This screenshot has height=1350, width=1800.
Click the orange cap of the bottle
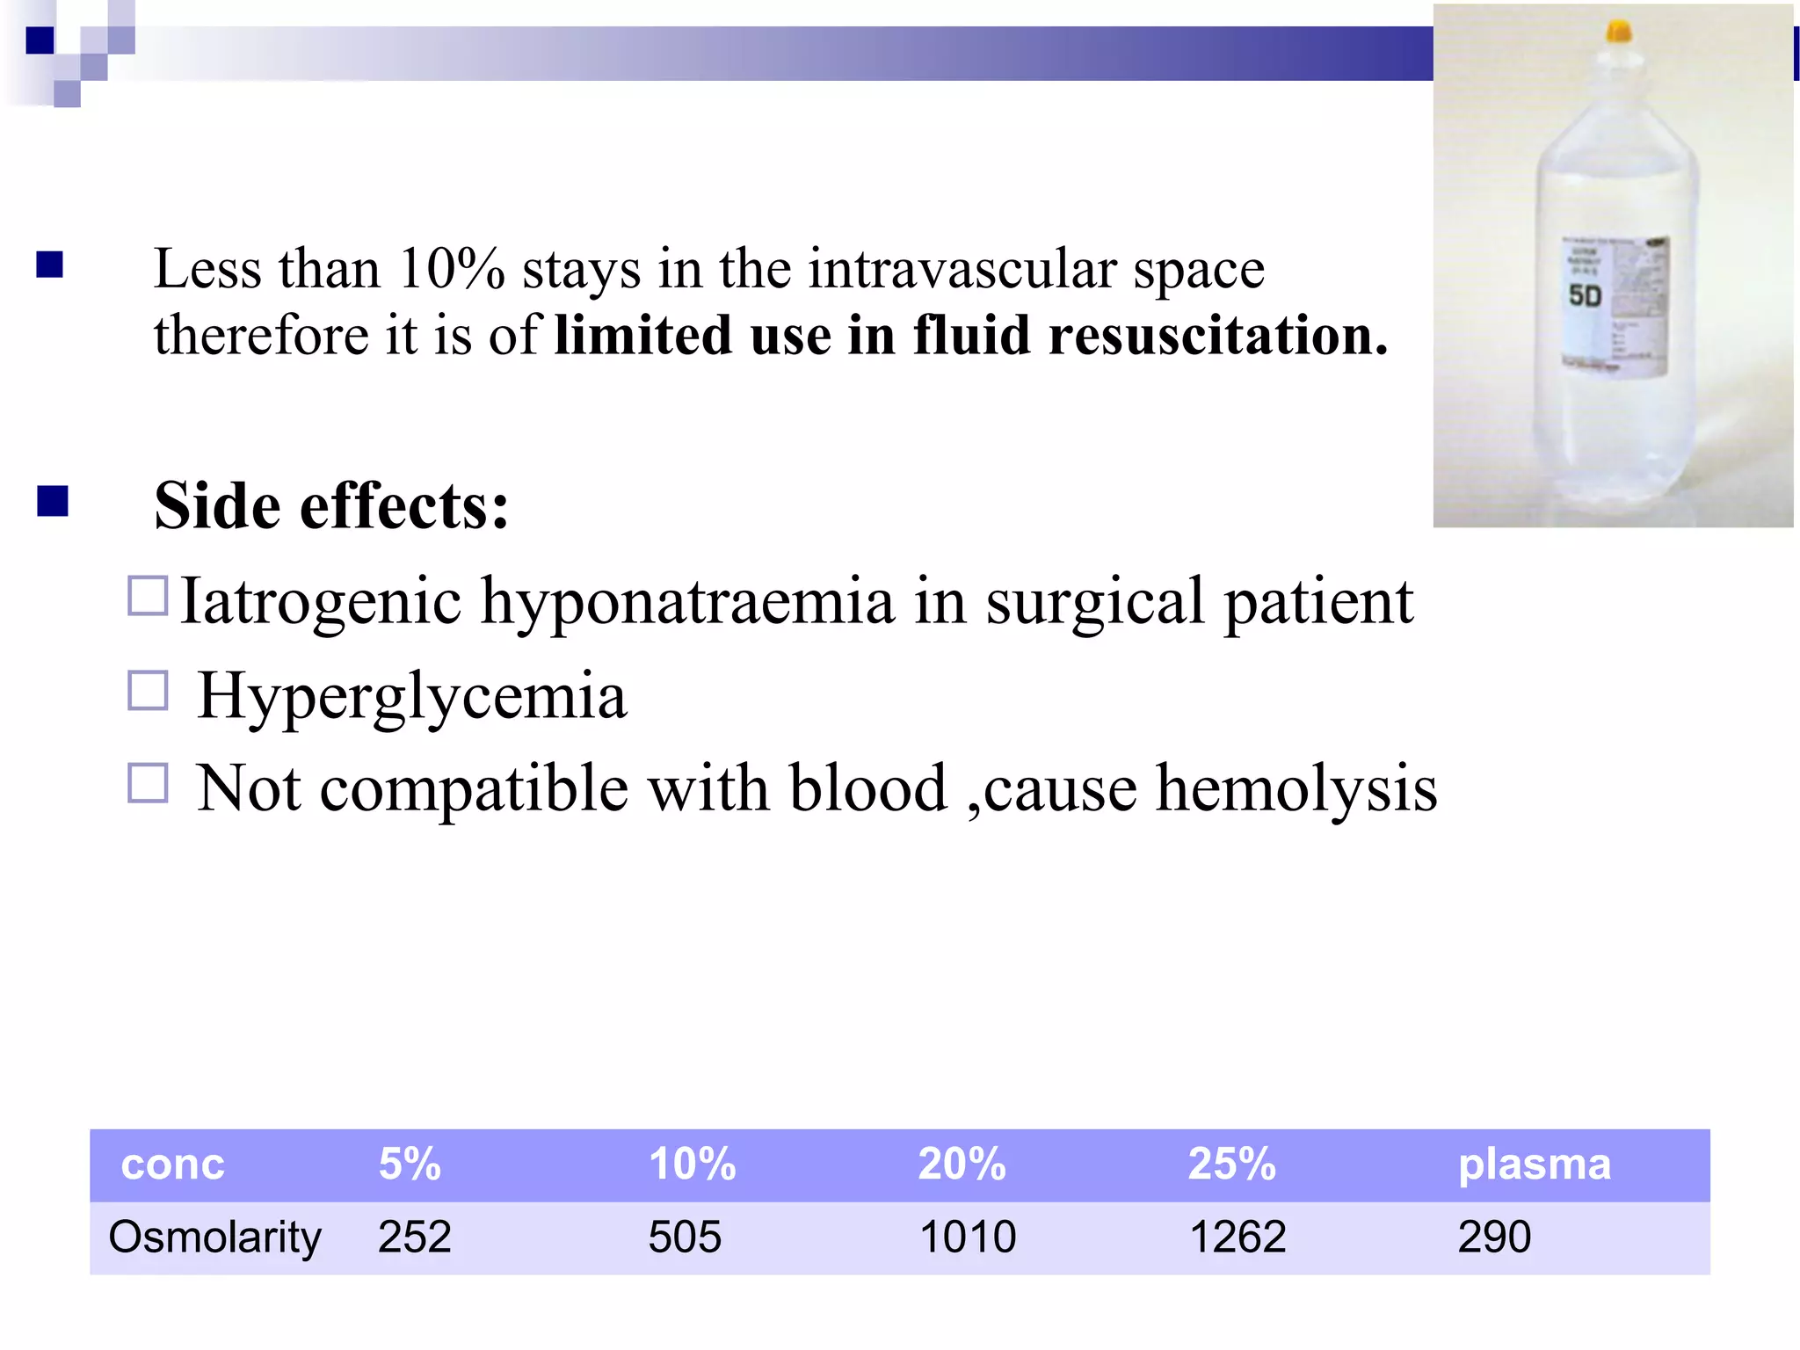(1618, 33)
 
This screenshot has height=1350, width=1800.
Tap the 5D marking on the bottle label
(1585, 295)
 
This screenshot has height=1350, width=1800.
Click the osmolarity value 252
(414, 1237)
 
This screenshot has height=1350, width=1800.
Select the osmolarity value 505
(685, 1237)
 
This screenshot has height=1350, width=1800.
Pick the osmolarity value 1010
(967, 1237)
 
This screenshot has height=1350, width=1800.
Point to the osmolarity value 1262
(1237, 1237)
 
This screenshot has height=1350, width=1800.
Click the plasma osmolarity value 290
(1494, 1237)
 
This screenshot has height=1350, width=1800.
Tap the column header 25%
(1231, 1164)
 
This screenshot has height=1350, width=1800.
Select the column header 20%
(962, 1164)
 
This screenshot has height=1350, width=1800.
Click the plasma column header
(1535, 1165)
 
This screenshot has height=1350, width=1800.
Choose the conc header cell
(172, 1165)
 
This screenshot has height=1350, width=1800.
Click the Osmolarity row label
(214, 1237)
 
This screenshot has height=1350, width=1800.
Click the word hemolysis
(1296, 787)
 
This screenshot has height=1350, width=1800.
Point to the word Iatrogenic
(321, 602)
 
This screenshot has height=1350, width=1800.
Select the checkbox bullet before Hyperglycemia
(148, 691)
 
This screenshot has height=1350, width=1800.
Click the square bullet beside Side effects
(53, 501)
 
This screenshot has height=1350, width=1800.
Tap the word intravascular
(962, 268)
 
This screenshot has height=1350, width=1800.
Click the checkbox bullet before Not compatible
(148, 782)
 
